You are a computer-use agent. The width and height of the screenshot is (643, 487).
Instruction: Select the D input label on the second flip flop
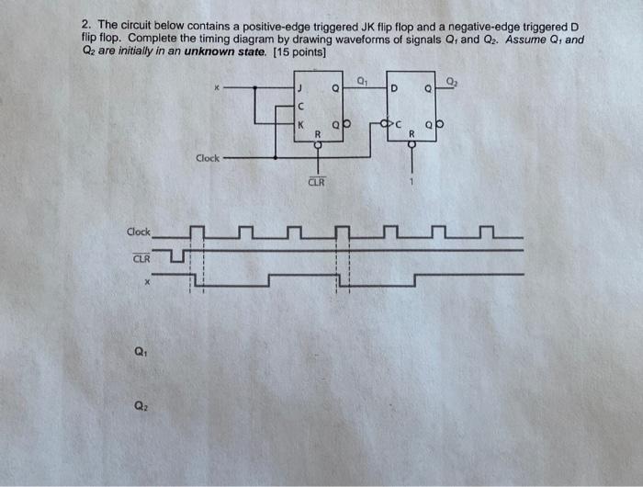pos(393,88)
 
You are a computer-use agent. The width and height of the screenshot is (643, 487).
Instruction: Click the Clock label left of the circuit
pos(208,158)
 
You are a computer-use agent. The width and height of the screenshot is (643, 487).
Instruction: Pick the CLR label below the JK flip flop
pos(315,182)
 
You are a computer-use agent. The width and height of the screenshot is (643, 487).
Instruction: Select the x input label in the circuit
pos(217,88)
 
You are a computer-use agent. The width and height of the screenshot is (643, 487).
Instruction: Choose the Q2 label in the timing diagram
pos(140,404)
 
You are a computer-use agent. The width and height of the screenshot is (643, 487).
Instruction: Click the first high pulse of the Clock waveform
pos(197,229)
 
